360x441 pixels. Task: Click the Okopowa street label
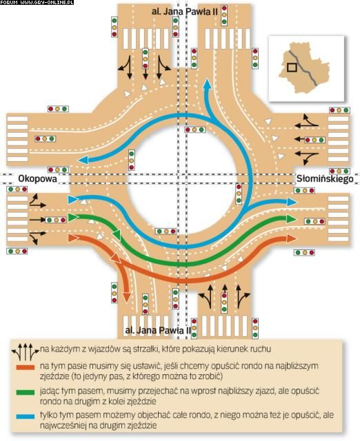[37, 179]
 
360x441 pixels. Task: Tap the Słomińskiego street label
[325, 178]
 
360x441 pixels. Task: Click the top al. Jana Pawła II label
[184, 12]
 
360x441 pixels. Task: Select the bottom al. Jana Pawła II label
[158, 330]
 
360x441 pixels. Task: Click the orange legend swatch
[26, 367]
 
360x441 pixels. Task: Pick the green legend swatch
[26, 392]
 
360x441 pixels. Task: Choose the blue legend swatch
[26, 416]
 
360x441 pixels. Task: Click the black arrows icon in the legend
[26, 351]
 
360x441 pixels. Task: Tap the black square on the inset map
[292, 68]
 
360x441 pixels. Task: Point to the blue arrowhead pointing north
[208, 84]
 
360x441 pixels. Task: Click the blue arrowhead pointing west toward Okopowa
[83, 161]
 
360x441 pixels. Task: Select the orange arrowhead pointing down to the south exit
[127, 297]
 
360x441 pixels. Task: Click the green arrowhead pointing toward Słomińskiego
[291, 218]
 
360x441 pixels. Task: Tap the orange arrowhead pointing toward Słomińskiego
[291, 239]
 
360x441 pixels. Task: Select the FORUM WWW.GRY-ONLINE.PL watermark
[37, 2]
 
